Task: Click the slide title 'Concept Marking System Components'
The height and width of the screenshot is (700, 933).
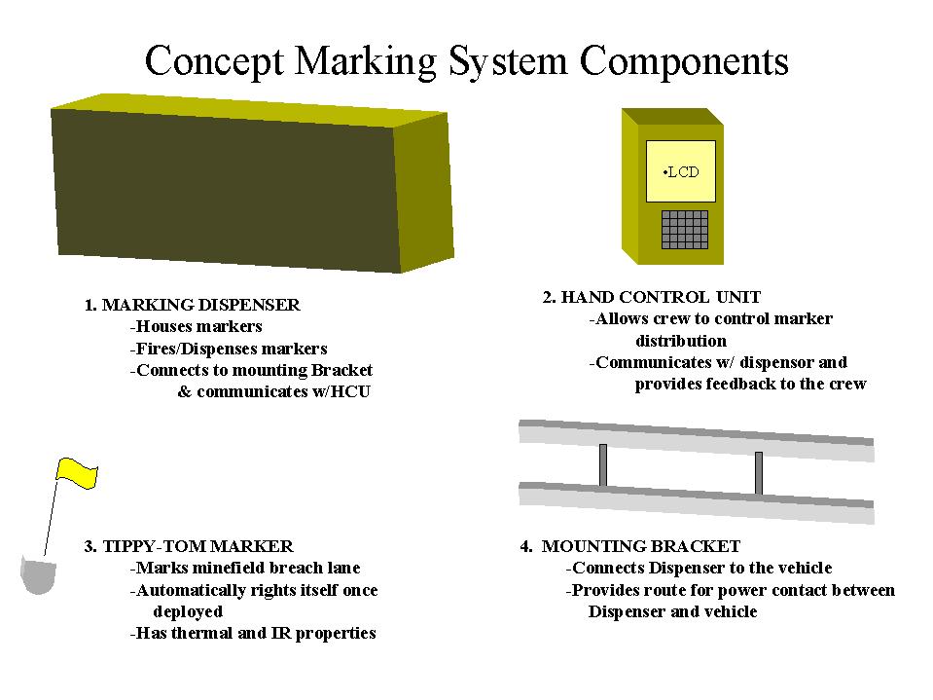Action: tap(467, 61)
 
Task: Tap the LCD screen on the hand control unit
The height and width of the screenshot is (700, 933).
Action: tap(681, 171)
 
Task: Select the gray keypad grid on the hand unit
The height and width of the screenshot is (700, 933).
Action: tap(685, 229)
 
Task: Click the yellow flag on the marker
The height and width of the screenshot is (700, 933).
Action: tap(77, 473)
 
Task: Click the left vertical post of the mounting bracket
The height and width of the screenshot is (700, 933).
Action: tap(603, 464)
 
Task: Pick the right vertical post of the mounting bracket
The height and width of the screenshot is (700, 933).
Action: tap(759, 473)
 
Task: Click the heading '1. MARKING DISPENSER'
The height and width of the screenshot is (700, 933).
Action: tap(193, 305)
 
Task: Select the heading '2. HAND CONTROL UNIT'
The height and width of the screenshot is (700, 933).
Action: tap(652, 297)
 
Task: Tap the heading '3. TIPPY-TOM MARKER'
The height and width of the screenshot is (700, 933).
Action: tap(189, 546)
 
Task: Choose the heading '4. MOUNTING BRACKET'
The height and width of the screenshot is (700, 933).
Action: tap(630, 546)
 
